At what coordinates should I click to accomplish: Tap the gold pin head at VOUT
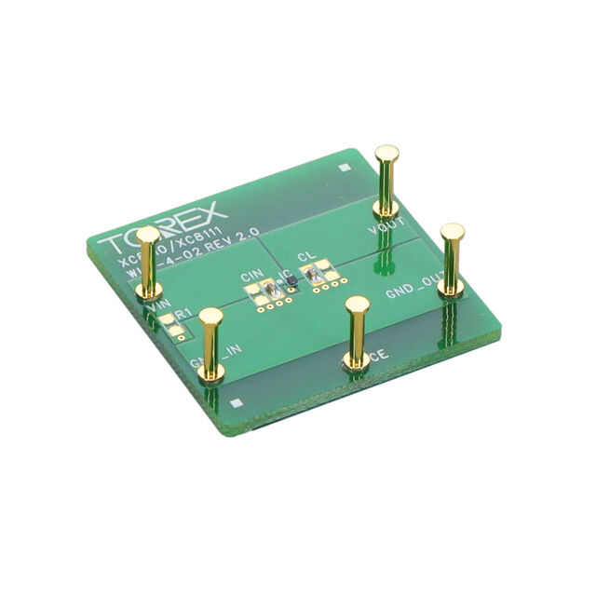tap(386, 153)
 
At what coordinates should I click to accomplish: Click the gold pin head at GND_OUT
tap(453, 230)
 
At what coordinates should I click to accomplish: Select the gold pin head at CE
tap(356, 305)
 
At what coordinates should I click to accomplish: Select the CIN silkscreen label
tap(251, 277)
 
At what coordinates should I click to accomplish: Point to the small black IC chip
tap(291, 279)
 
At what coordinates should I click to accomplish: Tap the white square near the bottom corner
tap(236, 403)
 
